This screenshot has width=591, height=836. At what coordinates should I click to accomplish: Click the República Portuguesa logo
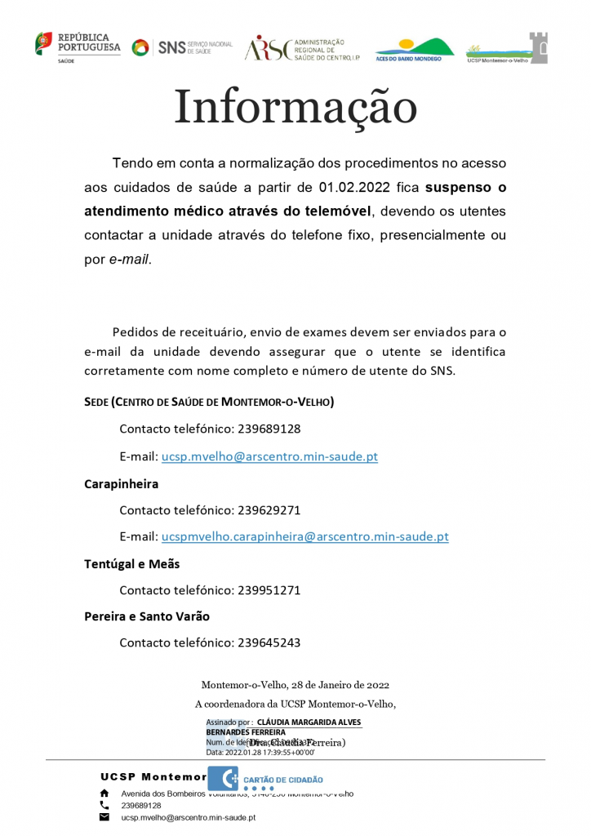pyautogui.click(x=78, y=46)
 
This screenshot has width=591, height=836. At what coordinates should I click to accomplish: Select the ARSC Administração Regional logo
pyautogui.click(x=302, y=48)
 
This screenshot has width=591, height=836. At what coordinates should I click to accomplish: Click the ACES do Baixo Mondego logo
pyautogui.click(x=414, y=50)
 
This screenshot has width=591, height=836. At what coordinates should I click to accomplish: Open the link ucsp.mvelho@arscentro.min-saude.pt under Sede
pyautogui.click(x=269, y=456)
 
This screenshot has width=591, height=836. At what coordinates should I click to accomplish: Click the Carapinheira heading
pyautogui.click(x=121, y=483)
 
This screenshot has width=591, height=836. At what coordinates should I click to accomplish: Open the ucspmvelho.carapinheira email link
pyautogui.click(x=304, y=536)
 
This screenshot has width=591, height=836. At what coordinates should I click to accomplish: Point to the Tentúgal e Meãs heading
pyautogui.click(x=131, y=563)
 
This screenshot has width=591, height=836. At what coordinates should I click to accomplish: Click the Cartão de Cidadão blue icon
pyautogui.click(x=223, y=780)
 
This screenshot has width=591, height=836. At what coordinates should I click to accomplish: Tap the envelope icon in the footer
pyautogui.click(x=104, y=816)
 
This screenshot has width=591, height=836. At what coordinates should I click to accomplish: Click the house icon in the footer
pyautogui.click(x=104, y=793)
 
